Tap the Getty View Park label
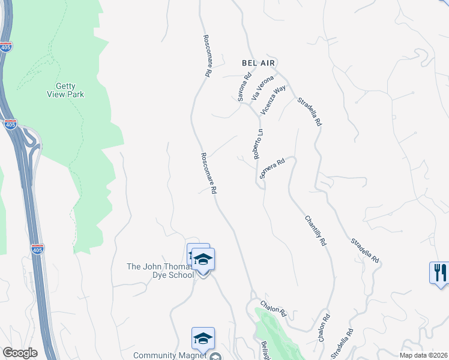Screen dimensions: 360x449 click(x=66, y=90)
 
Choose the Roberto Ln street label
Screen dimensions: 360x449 click(x=258, y=144)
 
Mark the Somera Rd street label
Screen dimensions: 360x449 click(x=271, y=169)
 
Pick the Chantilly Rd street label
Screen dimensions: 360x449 click(x=315, y=231)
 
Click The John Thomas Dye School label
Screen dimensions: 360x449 click(x=160, y=271)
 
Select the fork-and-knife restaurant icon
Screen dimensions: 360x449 click(x=439, y=272)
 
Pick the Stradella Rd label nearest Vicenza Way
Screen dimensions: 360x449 click(x=310, y=111)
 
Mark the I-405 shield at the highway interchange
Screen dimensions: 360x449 click(x=10, y=124)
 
